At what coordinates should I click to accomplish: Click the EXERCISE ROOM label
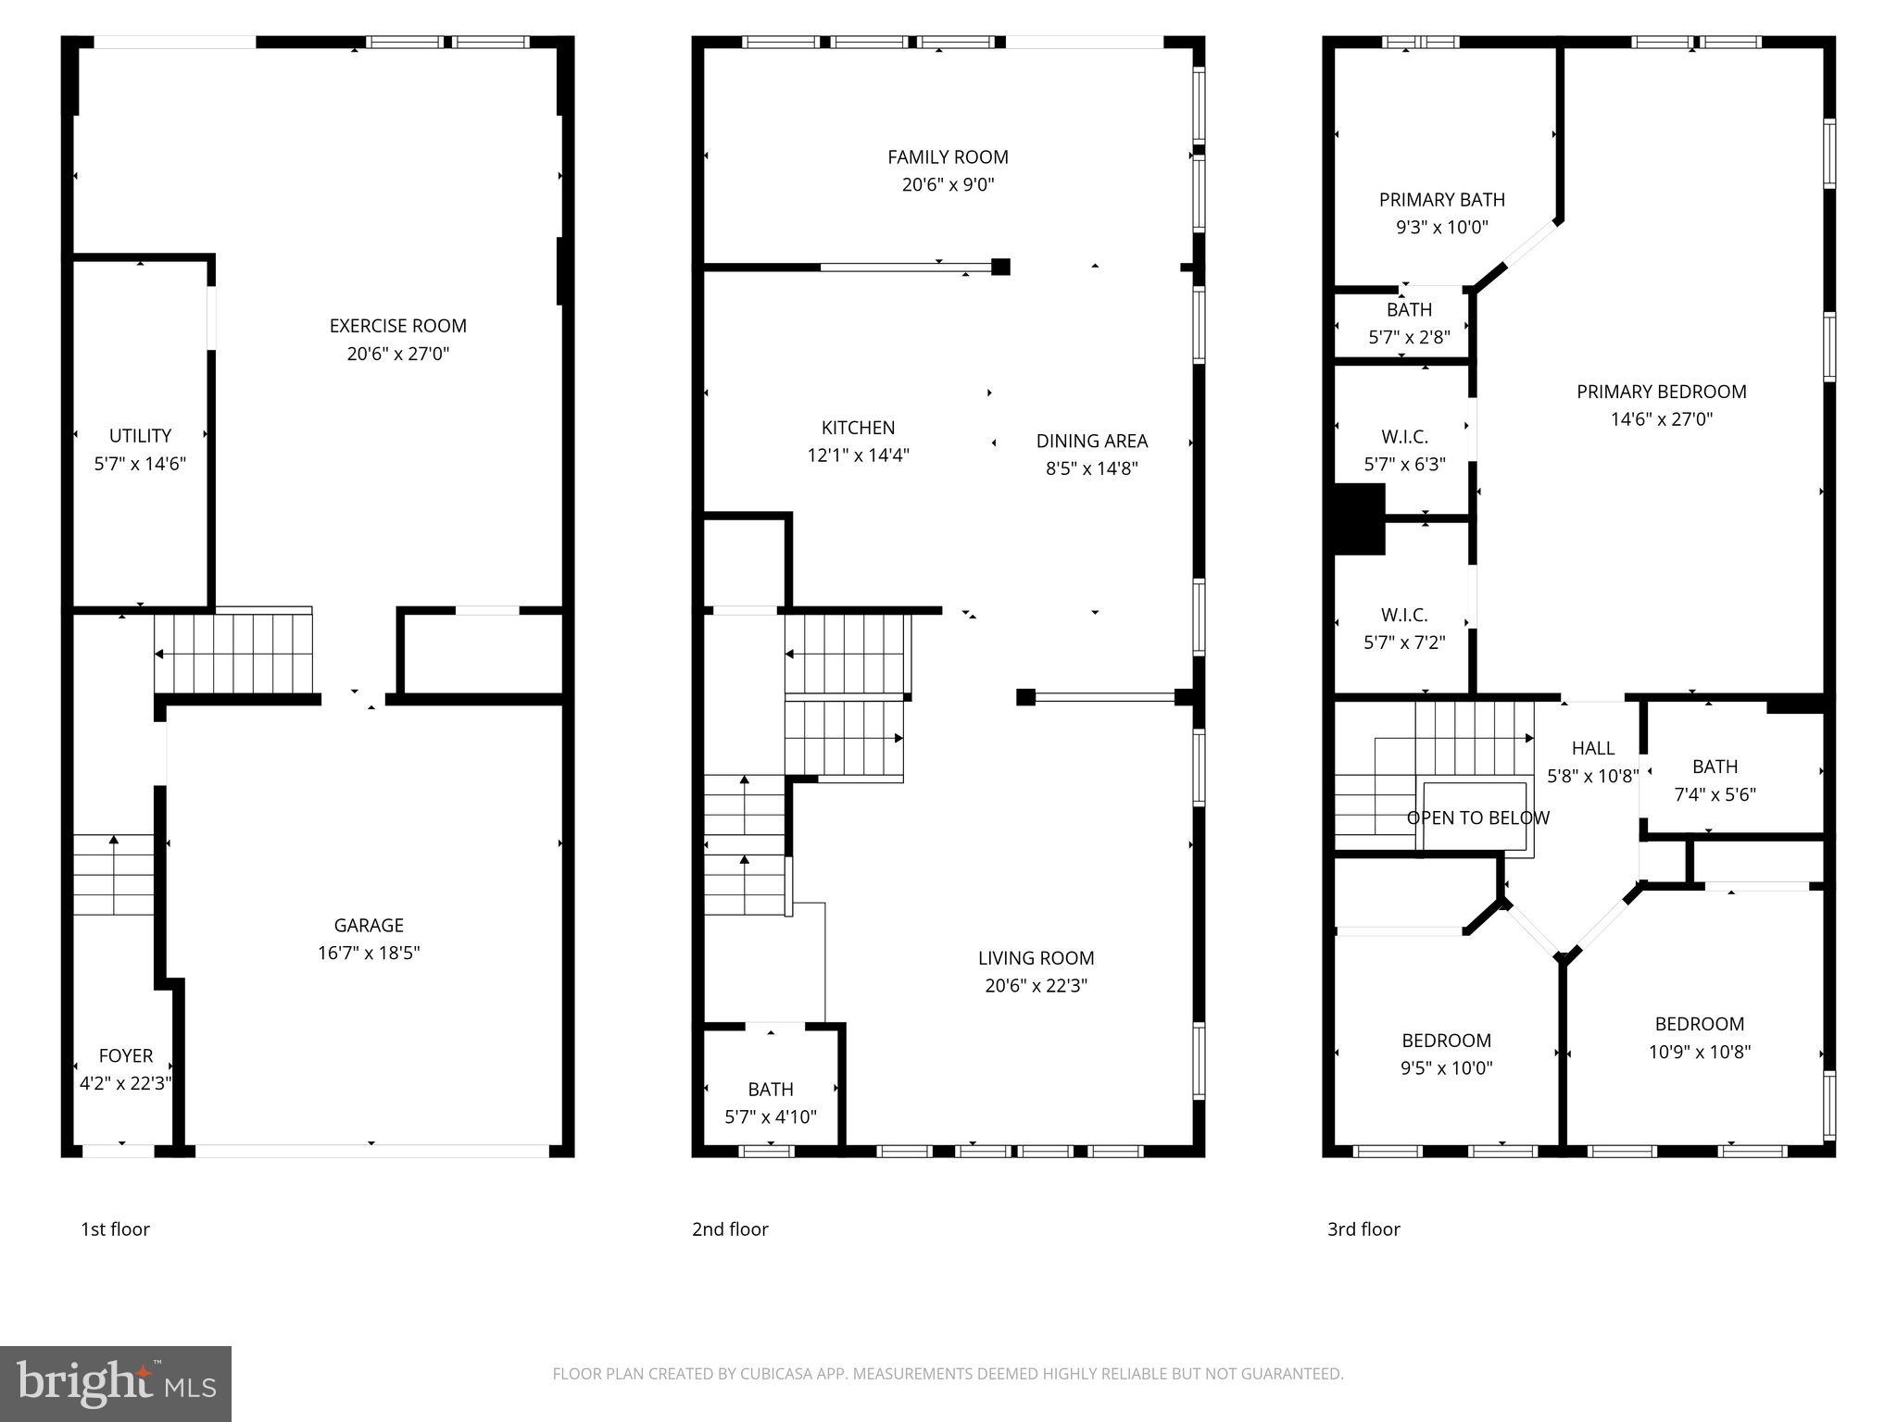pos(397,326)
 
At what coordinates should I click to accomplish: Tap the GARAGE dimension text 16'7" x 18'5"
pos(369,953)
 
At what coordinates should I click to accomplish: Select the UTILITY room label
pos(140,435)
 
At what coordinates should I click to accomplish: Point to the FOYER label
pos(126,1055)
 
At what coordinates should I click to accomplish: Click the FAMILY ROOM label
pos(948,157)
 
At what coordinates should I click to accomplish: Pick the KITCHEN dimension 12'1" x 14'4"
pos(858,455)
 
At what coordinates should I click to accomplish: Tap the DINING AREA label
pos(1091,441)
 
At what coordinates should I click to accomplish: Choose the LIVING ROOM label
pos(1036,958)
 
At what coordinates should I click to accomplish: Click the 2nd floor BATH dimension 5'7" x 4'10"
pos(770,1117)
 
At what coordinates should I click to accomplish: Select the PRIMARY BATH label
pos(1441,200)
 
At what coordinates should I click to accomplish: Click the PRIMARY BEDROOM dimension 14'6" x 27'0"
pos(1661,419)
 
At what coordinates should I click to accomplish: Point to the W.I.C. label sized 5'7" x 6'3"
pos(1404,436)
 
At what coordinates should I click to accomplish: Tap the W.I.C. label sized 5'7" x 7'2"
pos(1404,615)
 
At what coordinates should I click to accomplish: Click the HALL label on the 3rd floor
pos(1592,748)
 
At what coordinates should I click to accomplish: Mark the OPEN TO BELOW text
pos(1477,818)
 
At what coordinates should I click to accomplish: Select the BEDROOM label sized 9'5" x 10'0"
pos(1446,1041)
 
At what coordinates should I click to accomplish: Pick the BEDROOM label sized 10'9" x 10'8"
pos(1699,1024)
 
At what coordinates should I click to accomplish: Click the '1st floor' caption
pos(115,1229)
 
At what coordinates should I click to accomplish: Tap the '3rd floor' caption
pos(1363,1229)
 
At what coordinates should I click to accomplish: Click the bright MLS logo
pos(115,1383)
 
